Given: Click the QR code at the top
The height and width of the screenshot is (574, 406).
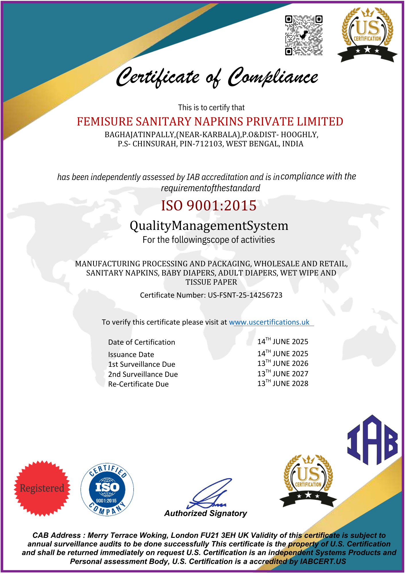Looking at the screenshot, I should [x=303, y=35].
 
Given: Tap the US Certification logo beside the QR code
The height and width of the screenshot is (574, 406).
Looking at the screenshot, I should [x=367, y=34].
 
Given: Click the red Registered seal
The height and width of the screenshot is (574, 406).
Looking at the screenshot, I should [x=42, y=488].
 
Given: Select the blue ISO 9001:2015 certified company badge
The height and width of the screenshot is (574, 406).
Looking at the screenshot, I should [x=107, y=489].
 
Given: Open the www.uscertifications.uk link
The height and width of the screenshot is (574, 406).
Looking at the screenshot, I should [x=269, y=322].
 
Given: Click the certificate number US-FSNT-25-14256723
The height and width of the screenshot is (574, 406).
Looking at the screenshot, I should [x=245, y=295].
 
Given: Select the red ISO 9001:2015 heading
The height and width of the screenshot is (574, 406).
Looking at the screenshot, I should [x=209, y=205].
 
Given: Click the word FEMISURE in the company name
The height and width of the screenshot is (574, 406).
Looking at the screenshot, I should [x=105, y=122].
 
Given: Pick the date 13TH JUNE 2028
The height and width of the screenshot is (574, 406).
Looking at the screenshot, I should [x=283, y=383].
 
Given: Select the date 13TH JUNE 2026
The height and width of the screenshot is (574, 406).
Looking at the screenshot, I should [x=283, y=364].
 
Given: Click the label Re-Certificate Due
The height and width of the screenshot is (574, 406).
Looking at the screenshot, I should [x=138, y=384].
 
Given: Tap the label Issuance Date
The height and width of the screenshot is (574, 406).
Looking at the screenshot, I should [x=131, y=355].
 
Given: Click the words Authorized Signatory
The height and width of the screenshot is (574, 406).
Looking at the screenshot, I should [x=206, y=513].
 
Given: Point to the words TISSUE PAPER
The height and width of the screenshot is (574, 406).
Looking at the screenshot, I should [x=211, y=282].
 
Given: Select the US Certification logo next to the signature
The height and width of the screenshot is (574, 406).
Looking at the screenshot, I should [x=308, y=481].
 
